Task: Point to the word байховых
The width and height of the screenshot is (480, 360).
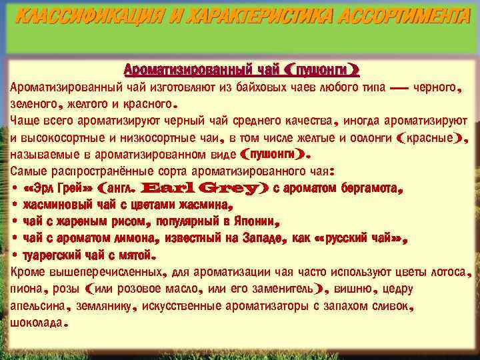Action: tap(257, 88)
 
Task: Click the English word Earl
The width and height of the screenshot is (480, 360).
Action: tap(165, 189)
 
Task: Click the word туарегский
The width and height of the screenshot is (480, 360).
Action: tap(50, 255)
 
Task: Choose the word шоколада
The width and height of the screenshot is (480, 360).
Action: tap(37, 322)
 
